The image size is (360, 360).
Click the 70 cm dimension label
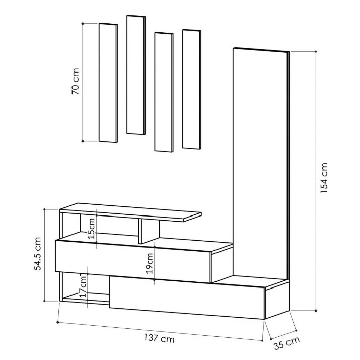[76, 82]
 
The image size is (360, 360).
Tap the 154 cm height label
[324, 178]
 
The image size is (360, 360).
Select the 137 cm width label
[159, 338]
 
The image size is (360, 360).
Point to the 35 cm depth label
[287, 343]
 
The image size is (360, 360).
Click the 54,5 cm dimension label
[37, 254]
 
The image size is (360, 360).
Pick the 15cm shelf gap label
[92, 229]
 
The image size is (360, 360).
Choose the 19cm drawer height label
[150, 263]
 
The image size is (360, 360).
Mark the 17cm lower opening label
[83, 286]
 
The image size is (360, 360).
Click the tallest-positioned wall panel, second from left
[136, 75]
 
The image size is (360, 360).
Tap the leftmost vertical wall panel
[108, 83]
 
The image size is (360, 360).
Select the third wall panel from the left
[164, 92]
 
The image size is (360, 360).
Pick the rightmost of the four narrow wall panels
[192, 89]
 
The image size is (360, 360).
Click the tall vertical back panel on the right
[261, 164]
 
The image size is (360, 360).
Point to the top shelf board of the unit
[130, 212]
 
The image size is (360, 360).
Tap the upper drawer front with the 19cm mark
[133, 261]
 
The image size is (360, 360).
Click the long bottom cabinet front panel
[187, 298]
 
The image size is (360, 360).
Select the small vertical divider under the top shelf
[149, 231]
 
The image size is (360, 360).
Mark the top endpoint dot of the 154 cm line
[316, 52]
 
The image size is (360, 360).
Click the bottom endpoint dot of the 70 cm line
[83, 141]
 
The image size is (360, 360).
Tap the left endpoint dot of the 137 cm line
[57, 322]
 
